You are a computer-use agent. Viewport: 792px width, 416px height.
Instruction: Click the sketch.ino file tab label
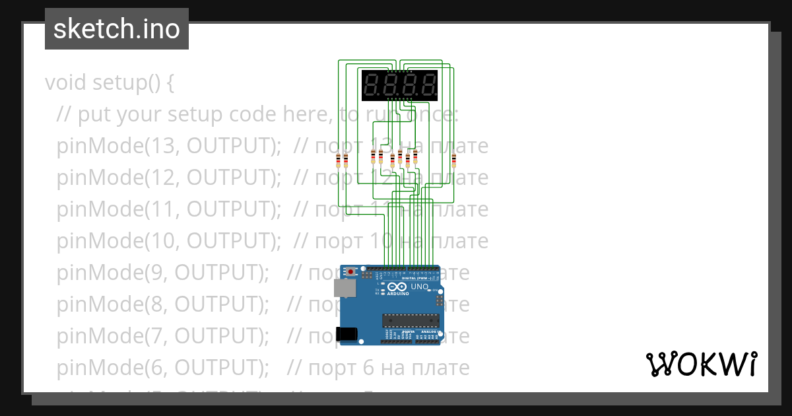(116, 29)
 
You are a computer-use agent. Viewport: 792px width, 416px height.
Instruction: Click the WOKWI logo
(700, 364)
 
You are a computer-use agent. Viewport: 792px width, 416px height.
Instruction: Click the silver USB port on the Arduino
(344, 287)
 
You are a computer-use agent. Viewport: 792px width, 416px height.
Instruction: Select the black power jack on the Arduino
(347, 334)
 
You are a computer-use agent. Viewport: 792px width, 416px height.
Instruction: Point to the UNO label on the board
(420, 287)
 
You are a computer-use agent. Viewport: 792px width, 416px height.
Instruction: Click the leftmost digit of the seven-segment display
(371, 85)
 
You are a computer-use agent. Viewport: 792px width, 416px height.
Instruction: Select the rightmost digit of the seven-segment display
(428, 85)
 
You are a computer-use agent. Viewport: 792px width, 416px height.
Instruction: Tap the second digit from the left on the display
(390, 85)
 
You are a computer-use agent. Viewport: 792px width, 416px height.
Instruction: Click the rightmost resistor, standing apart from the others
(454, 160)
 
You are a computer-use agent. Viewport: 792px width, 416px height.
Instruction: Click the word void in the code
(66, 83)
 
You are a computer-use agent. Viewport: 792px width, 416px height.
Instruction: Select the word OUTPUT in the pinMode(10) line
(226, 241)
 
